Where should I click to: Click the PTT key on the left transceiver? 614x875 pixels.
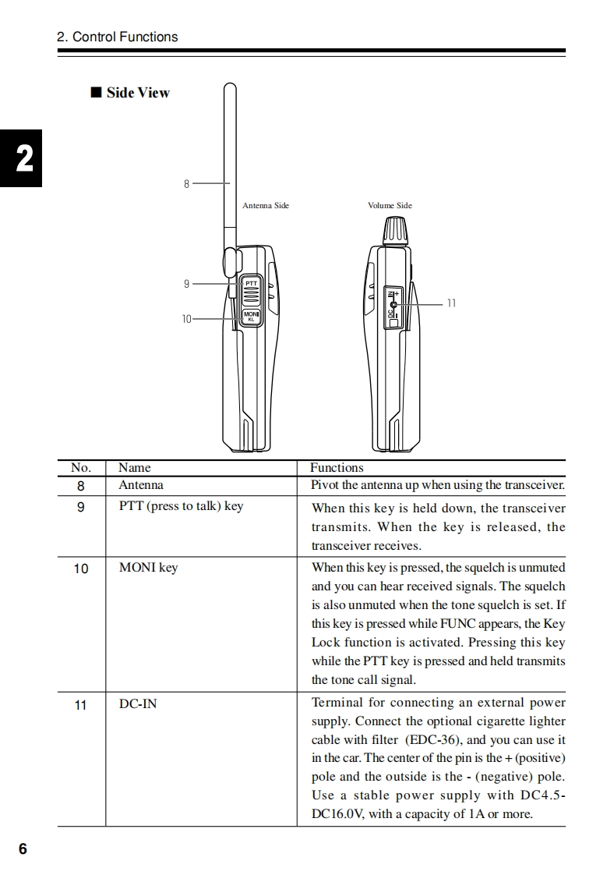point(251,291)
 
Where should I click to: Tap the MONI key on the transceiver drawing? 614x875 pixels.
point(251,315)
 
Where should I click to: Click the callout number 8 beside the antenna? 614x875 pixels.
point(187,184)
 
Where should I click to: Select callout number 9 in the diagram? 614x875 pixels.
point(186,284)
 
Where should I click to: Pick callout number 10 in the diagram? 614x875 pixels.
point(186,319)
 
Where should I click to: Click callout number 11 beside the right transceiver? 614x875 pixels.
point(451,303)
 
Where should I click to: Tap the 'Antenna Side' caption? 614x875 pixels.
point(265,206)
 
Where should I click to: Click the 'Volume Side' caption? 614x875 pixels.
point(390,206)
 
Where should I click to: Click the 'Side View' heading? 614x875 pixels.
point(138,93)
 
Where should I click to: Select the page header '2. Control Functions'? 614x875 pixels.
point(118,37)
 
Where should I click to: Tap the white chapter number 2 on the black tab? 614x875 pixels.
point(24,160)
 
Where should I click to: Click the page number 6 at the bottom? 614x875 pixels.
point(23,849)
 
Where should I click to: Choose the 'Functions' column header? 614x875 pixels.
point(337,468)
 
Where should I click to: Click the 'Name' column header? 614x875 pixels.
point(135,468)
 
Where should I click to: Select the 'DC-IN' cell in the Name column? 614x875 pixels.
point(138,704)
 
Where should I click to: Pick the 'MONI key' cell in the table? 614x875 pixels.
point(148,568)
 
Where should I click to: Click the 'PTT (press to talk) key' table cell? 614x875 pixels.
point(181,506)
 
